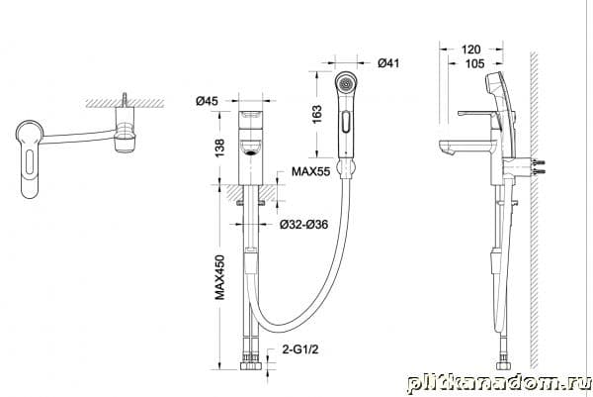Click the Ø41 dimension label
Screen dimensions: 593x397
coord(388,63)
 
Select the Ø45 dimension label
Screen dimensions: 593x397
coord(207,101)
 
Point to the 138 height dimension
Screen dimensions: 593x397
coord(219,148)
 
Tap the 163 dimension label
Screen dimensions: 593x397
coord(317,114)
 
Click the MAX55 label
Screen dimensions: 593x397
coord(311,171)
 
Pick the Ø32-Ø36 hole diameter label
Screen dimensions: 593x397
coord(303,225)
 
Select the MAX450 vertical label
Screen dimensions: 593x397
coord(219,277)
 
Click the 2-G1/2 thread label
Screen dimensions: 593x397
coord(300,348)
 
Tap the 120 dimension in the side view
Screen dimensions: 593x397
coord(470,50)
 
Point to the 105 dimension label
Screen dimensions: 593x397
coord(474,63)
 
